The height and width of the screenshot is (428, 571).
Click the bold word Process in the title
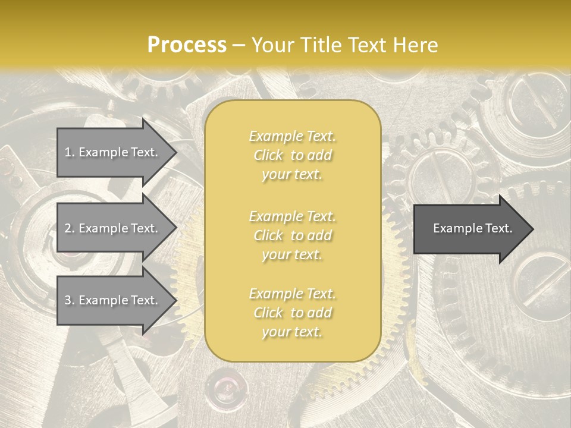187,45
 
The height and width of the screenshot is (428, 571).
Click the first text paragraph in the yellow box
292,155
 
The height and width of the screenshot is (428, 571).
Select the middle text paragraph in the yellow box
292,235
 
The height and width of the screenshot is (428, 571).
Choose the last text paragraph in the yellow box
292,313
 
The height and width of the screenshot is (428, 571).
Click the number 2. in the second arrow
69,228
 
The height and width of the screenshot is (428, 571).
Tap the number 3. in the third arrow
69,300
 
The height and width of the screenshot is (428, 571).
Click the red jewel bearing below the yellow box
224,386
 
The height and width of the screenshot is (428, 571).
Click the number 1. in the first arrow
69,152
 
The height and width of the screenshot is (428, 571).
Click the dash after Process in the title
239,45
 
